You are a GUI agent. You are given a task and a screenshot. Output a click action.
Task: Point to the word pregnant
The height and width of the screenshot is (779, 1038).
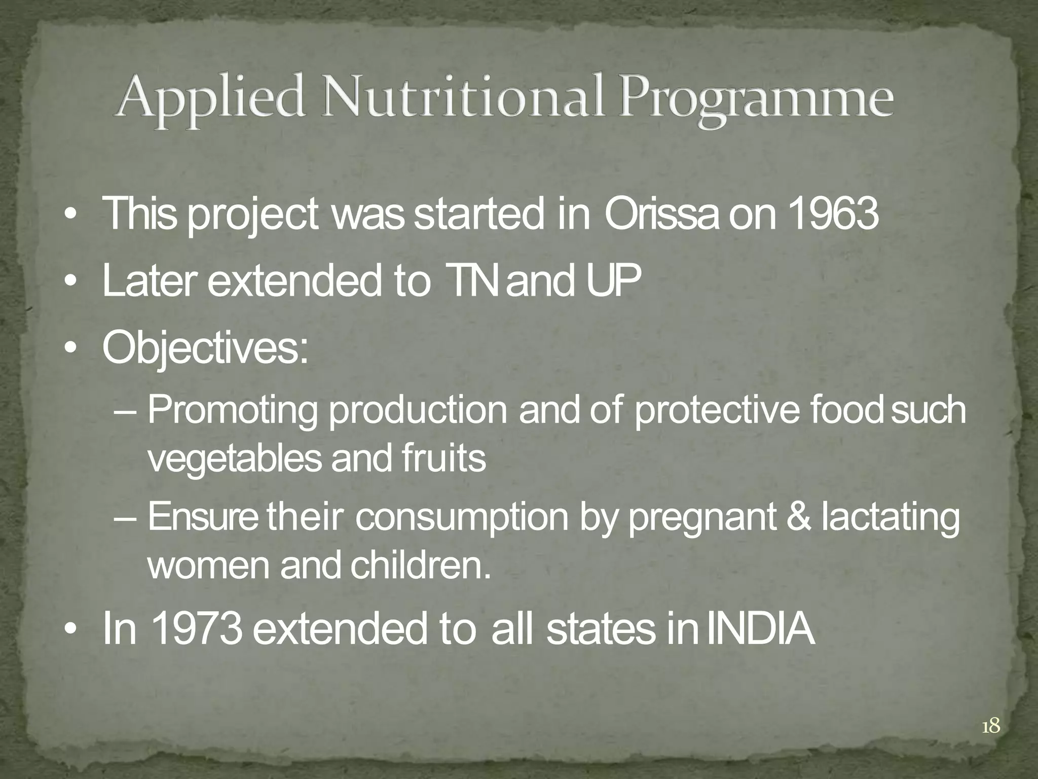point(702,519)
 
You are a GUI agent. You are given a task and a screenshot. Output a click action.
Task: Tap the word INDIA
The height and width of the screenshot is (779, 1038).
point(760,629)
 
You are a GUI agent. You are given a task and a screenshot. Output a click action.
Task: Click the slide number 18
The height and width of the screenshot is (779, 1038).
point(991,727)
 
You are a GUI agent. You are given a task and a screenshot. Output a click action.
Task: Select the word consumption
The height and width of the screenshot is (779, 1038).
point(461,519)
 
